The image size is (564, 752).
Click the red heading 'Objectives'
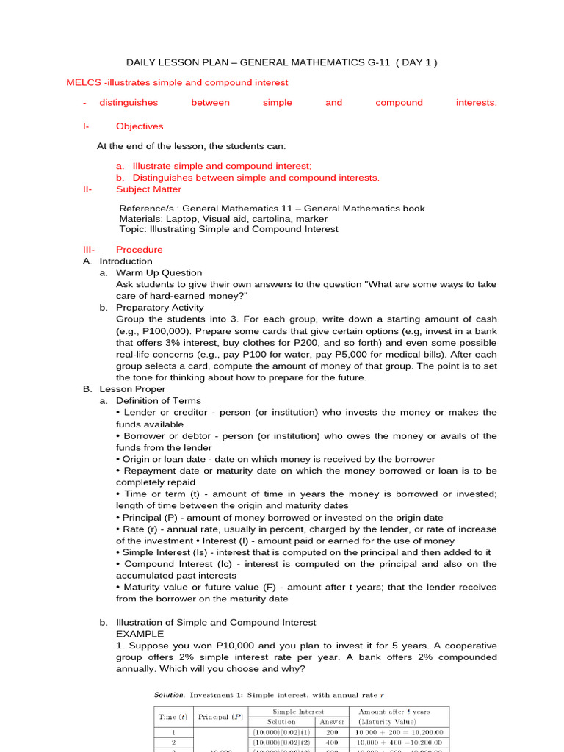[x=140, y=126]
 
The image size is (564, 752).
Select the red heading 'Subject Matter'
[x=148, y=189]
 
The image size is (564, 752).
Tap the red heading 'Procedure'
[x=140, y=250]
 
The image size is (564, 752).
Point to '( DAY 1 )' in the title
[x=416, y=62]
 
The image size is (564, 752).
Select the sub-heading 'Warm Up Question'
[x=159, y=272]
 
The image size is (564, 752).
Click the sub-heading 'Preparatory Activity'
[x=162, y=308]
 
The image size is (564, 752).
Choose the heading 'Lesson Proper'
[x=132, y=389]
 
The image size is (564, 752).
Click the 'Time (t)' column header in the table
[x=172, y=717]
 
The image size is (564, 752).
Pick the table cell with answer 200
[x=332, y=732]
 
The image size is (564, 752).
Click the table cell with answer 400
[x=332, y=742]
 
